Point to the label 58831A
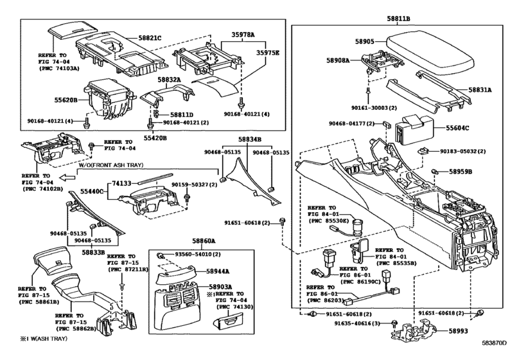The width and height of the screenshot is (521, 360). pos(480,91)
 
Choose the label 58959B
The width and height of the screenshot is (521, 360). pos(461,172)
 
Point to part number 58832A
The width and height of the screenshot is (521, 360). pos(170,80)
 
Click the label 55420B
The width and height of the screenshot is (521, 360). pos(155,138)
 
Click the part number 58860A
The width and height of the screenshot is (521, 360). pos(187,240)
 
